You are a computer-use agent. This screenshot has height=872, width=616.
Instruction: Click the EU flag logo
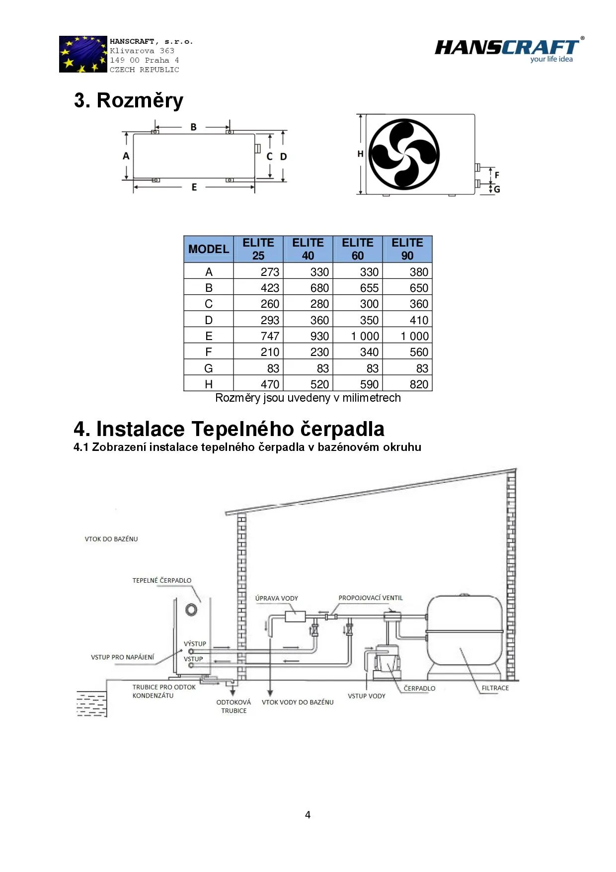(x=83, y=54)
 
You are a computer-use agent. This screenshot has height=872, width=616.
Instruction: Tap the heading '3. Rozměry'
(x=129, y=100)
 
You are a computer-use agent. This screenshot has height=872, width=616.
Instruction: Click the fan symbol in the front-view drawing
(x=404, y=154)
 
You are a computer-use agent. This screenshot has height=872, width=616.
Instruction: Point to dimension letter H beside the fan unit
(x=360, y=154)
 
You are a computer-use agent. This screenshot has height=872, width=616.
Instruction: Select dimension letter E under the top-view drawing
(x=194, y=187)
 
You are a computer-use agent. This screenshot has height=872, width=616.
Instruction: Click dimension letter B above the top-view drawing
(x=194, y=127)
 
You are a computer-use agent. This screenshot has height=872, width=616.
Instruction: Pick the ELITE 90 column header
(x=407, y=249)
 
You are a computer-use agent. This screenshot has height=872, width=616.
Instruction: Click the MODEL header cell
(x=209, y=249)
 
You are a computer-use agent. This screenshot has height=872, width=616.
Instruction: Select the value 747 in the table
(x=270, y=336)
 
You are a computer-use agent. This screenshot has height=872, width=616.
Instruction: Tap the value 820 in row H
(x=419, y=384)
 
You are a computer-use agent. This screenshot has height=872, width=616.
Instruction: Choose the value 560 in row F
(x=419, y=352)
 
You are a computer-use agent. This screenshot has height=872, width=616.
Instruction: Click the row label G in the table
(x=209, y=368)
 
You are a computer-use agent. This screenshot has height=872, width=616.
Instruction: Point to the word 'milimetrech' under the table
(x=372, y=398)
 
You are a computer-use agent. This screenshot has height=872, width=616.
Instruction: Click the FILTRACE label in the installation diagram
(x=495, y=688)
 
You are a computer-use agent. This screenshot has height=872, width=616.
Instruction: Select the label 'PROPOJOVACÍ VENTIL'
(x=371, y=598)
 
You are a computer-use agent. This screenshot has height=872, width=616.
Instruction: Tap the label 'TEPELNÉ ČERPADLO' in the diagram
(x=162, y=581)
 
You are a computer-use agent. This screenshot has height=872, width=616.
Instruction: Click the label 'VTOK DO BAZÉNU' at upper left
(x=111, y=539)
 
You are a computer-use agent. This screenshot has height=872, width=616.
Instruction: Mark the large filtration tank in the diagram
(x=465, y=631)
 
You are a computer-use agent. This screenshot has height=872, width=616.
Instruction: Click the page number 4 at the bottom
(x=308, y=815)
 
